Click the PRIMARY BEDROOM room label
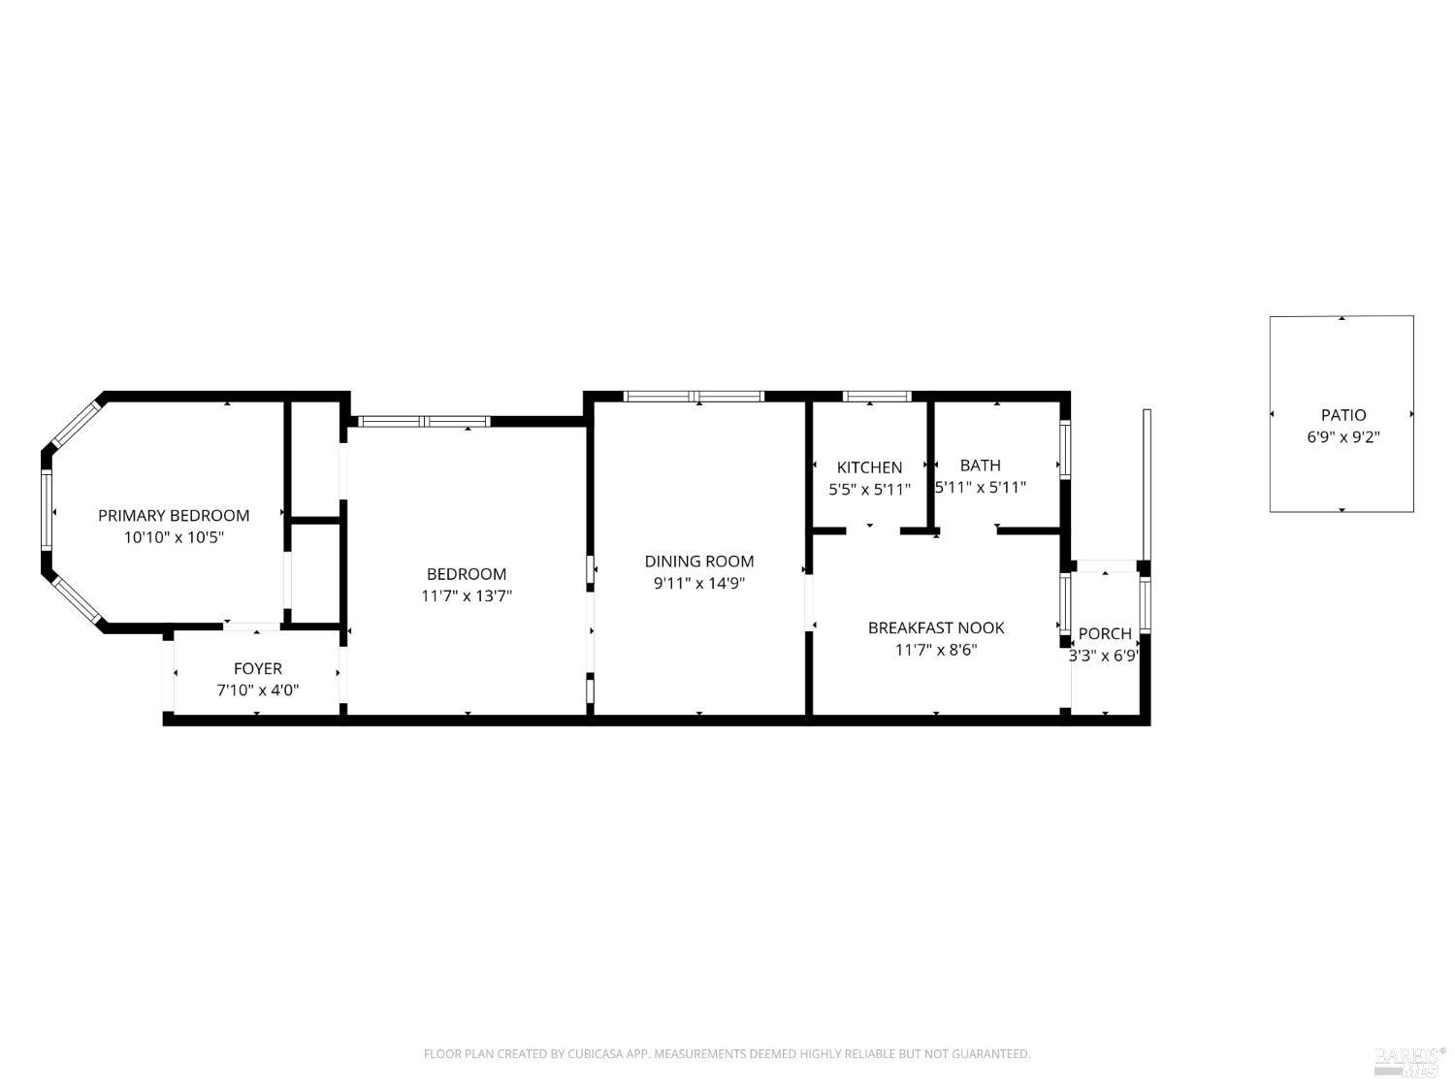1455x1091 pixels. pyautogui.click(x=174, y=515)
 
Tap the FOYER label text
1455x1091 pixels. pyautogui.click(x=258, y=668)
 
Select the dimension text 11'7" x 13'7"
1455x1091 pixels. pyautogui.click(x=467, y=595)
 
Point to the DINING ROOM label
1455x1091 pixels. pyautogui.click(x=699, y=562)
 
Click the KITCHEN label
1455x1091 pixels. pyautogui.click(x=870, y=467)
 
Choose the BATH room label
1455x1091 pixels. pyautogui.click(x=981, y=465)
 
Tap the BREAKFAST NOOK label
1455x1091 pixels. pyautogui.click(x=936, y=627)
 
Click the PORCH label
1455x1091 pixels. pyautogui.click(x=1105, y=633)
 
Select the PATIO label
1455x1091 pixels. pyautogui.click(x=1343, y=415)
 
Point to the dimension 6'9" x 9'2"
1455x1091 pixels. pyautogui.click(x=1343, y=437)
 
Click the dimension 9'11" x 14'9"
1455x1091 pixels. pyautogui.click(x=699, y=583)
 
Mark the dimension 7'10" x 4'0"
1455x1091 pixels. pyautogui.click(x=258, y=690)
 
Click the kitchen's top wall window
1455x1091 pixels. pyautogui.click(x=877, y=396)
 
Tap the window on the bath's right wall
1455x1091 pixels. pyautogui.click(x=1065, y=450)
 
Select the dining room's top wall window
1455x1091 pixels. pyautogui.click(x=694, y=396)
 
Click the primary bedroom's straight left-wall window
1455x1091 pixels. pyautogui.click(x=47, y=509)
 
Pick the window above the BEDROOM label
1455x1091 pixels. pyautogui.click(x=424, y=421)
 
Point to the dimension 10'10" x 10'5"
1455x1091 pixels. pyautogui.click(x=174, y=537)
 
